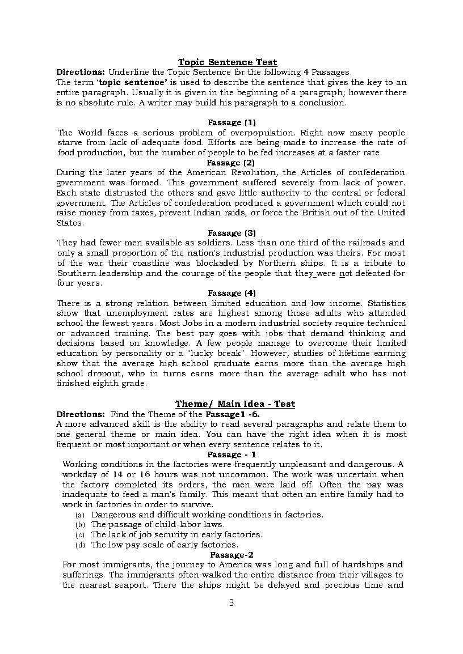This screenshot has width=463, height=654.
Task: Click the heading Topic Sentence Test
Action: pyautogui.click(x=228, y=62)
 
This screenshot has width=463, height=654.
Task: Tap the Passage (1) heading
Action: pyautogui.click(x=231, y=122)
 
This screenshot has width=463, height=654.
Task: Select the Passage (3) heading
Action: pyautogui.click(x=231, y=233)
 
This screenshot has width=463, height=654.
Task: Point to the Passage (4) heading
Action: pyautogui.click(x=231, y=293)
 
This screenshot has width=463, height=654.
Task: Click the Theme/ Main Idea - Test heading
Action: pyautogui.click(x=235, y=404)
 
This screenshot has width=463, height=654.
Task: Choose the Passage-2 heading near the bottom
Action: pyautogui.click(x=231, y=555)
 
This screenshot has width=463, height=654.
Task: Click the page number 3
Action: pyautogui.click(x=231, y=602)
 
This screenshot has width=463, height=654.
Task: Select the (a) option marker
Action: pyautogui.click(x=80, y=515)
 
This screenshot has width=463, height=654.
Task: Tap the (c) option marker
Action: pyautogui.click(x=80, y=535)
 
